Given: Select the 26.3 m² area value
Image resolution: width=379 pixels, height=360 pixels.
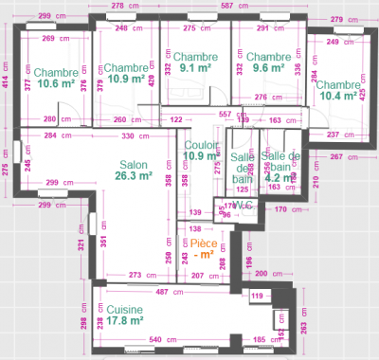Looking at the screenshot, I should tap(134, 175).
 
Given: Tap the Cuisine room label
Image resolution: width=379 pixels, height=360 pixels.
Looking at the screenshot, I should tap(124, 309).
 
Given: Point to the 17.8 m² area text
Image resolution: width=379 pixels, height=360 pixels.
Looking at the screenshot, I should tap(124, 321).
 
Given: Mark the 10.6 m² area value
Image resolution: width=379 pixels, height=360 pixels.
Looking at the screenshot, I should tap(56, 84).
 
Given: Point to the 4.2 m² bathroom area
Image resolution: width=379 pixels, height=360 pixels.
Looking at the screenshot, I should tap(280, 177).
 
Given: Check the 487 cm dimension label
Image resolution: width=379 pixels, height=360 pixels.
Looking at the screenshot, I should tap(163, 292).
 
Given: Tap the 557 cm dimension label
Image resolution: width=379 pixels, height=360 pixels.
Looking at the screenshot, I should tap(226, 114).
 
